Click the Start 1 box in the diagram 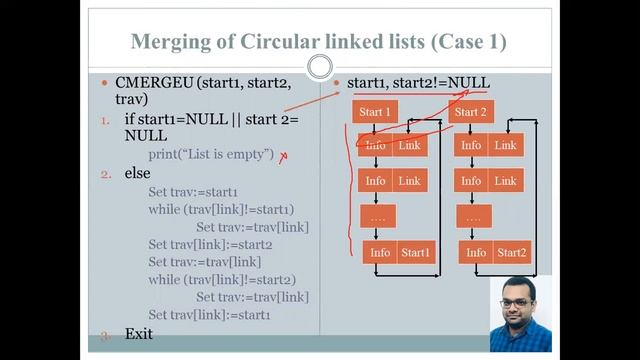pyautogui.click(x=375, y=112)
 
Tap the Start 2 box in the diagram pyautogui.click(x=470, y=112)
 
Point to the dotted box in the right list pyautogui.click(x=473, y=216)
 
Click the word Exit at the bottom pyautogui.click(x=139, y=332)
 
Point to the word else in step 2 pyautogui.click(x=138, y=173)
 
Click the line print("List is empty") pyautogui.click(x=211, y=154)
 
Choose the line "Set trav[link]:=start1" pyautogui.click(x=210, y=315)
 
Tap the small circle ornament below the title pyautogui.click(x=320, y=67)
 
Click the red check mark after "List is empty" pyautogui.click(x=284, y=155)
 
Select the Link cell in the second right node pyautogui.click(x=506, y=181)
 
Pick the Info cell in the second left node pyautogui.click(x=376, y=181)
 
